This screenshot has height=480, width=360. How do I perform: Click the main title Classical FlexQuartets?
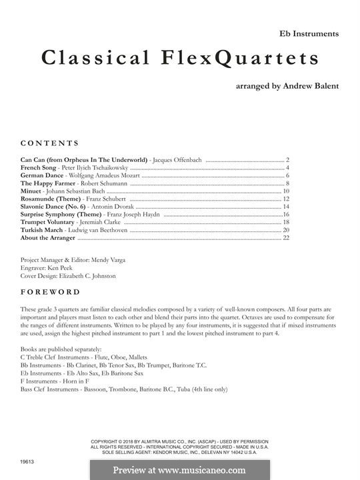pos(180,59)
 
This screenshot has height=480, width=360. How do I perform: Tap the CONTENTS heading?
pos(49,143)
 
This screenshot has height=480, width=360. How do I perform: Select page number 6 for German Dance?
pos(287,175)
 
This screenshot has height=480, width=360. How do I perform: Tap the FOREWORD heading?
pos(50,292)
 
